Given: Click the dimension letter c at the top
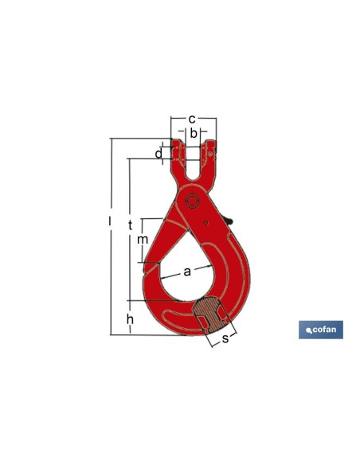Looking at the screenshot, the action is (192, 119).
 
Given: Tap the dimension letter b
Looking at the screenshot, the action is (194, 133).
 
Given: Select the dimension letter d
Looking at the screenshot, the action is (159, 154).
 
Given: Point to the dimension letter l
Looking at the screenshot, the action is (110, 221).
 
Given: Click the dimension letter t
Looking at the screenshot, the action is (130, 225).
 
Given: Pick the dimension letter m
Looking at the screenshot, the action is (143, 240).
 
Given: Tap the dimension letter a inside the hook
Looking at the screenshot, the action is (187, 272).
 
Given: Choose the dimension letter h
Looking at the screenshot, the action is (130, 319).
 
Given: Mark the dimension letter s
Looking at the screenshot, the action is (225, 338).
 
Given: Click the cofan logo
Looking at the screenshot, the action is (321, 330).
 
